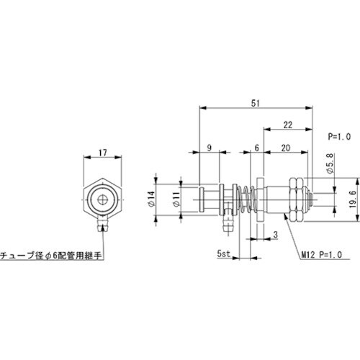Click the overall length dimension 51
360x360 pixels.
tap(256, 103)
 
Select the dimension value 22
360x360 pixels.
tap(288, 125)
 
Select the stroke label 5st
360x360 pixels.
tap(224, 253)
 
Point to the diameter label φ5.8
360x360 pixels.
tap(329, 170)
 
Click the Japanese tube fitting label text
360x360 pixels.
tap(51, 253)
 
